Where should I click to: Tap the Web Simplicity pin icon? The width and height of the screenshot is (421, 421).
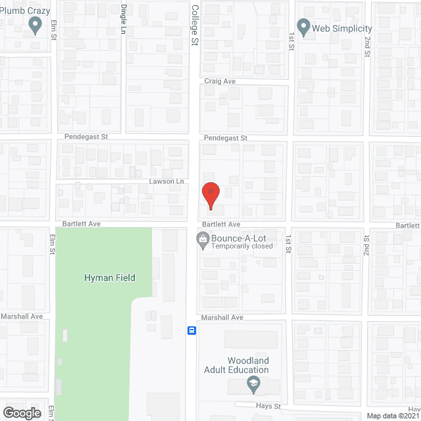(303, 27)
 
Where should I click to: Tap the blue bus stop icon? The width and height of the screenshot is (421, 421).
(191, 330)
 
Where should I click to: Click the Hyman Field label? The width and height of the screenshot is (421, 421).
(109, 278)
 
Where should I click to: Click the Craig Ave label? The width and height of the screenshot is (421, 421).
(220, 82)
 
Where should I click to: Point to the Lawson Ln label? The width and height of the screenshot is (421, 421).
(165, 182)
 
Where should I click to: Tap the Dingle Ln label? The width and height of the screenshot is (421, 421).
(124, 18)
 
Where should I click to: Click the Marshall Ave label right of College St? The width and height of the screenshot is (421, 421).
(223, 317)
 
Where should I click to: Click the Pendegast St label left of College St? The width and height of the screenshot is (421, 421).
(86, 137)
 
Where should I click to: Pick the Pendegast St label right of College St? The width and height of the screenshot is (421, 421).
(225, 138)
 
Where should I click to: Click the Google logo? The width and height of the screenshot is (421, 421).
(22, 412)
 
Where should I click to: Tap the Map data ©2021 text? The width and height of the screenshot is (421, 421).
(393, 416)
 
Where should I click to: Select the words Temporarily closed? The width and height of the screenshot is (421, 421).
(242, 247)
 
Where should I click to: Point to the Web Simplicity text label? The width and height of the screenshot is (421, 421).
(342, 28)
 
